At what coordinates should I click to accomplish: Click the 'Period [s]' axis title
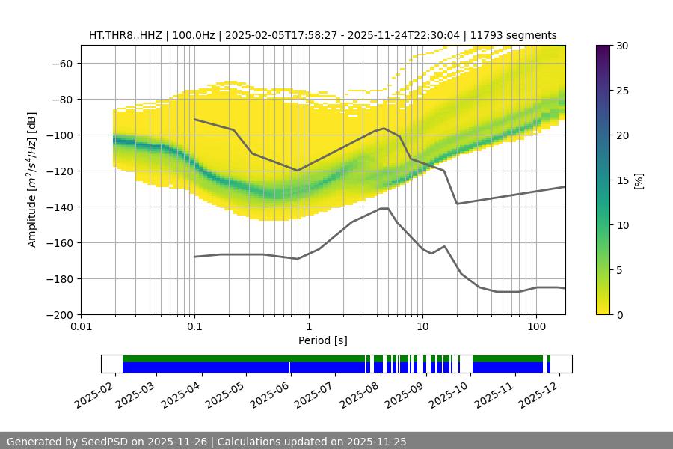point(322,341)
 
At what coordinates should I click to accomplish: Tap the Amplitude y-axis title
point(31,180)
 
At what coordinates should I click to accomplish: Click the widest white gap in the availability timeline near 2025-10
point(466,364)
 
